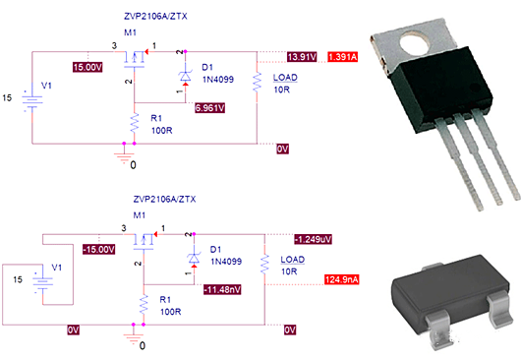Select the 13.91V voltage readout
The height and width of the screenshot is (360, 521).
pos(302,56)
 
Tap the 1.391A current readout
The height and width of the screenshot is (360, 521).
pos(344,56)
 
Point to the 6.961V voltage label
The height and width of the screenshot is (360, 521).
pos(211,106)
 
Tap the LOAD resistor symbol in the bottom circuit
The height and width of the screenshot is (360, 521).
pos(264,264)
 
